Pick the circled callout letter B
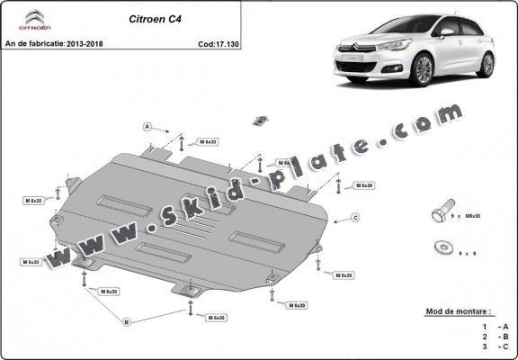[127, 321]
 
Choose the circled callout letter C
[355, 218]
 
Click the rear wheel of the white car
[487, 64]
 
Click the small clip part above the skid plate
[260, 119]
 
